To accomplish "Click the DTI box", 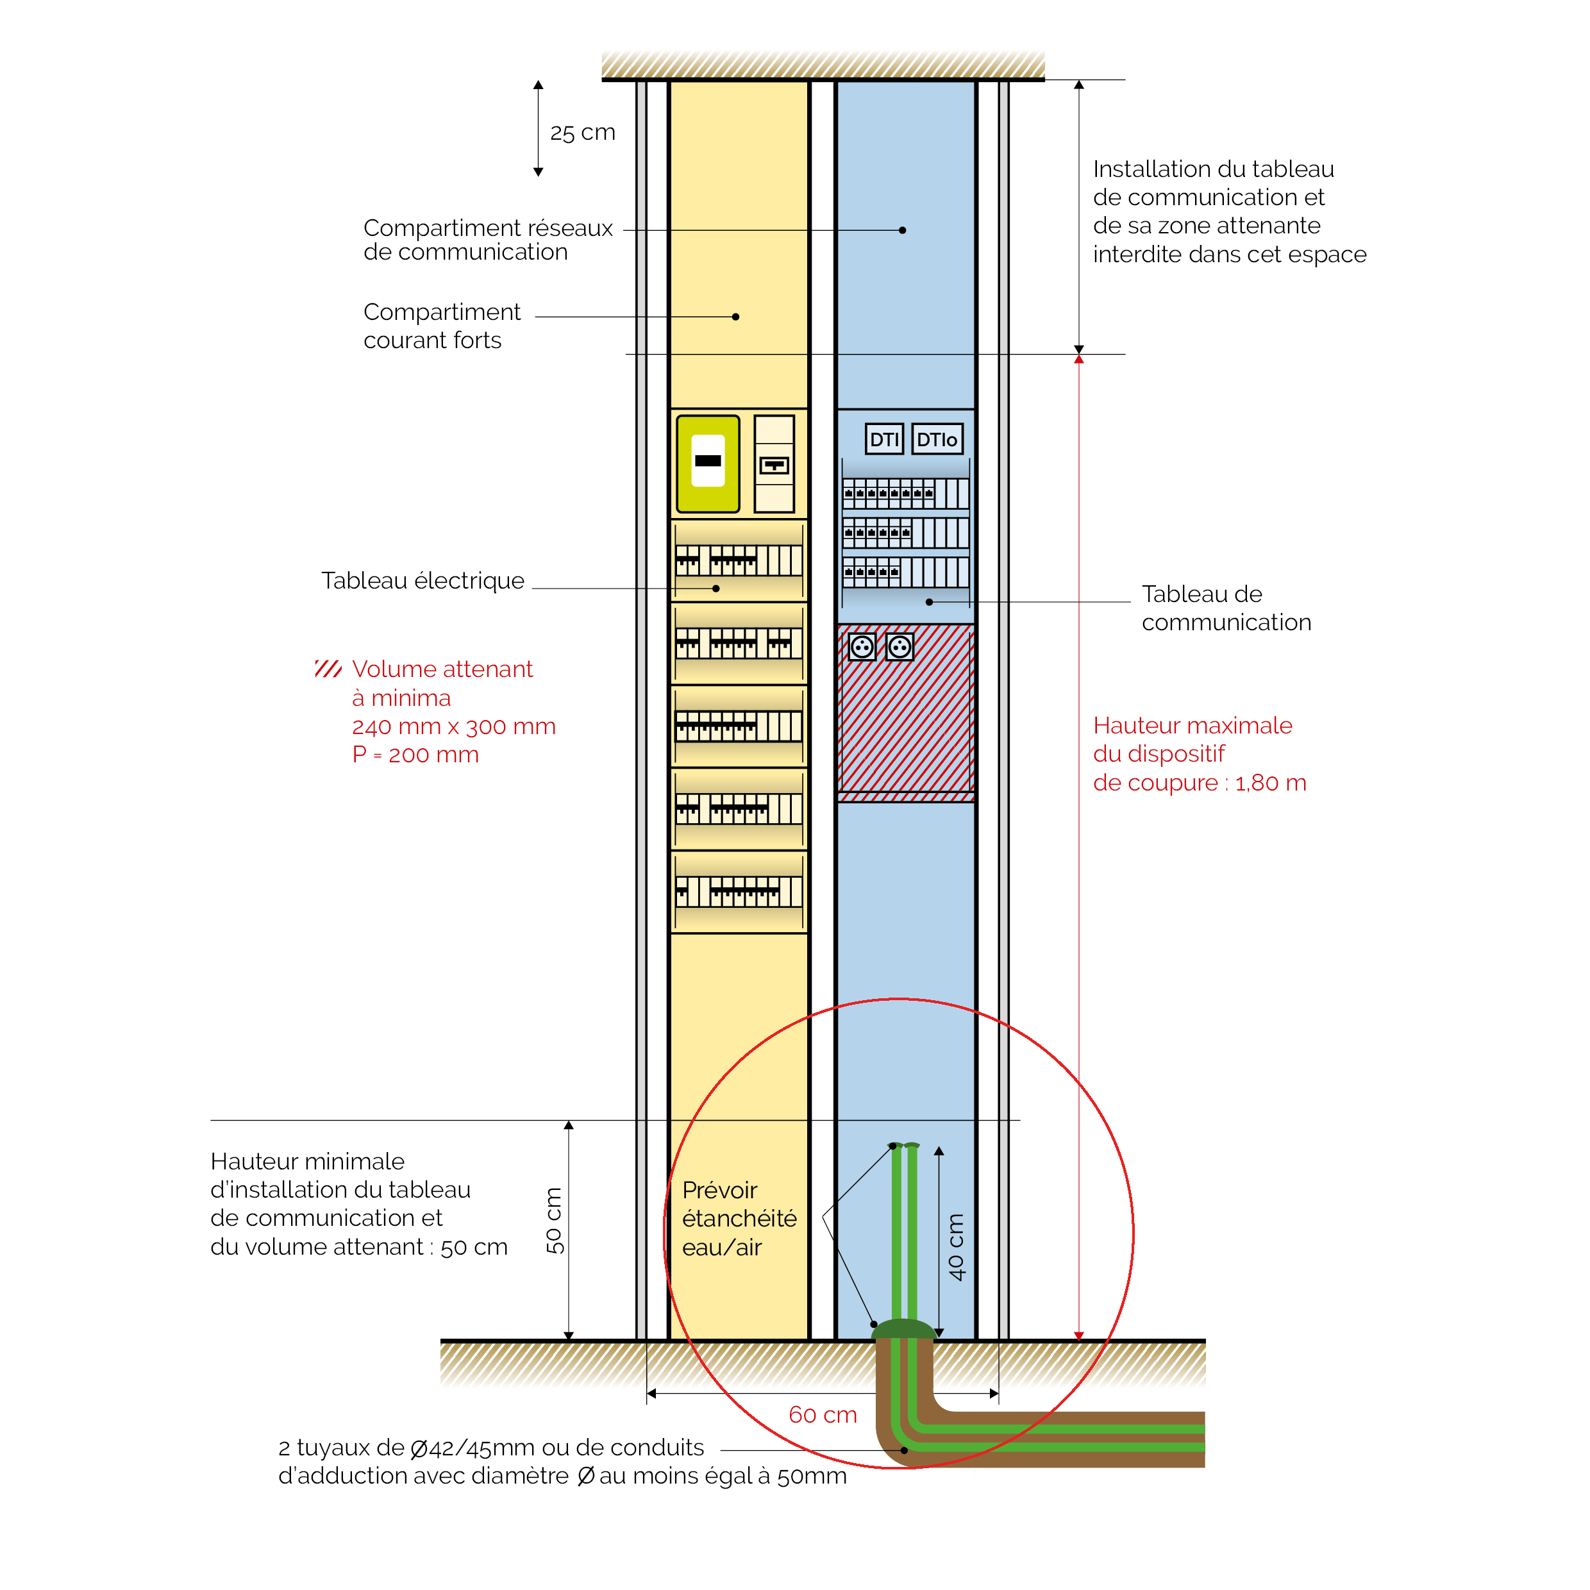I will pos(884,439).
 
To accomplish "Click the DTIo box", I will pos(937,439).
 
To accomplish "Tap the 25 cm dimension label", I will pos(582,133).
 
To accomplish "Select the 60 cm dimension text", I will pos(822,1415).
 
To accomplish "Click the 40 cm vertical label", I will pos(955,1247).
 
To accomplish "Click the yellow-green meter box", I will pos(708,464).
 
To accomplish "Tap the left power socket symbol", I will pos(862,647).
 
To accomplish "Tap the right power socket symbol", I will pos(900,647).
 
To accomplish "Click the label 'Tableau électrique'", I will pos(423,581).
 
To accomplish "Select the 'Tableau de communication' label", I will pos(1225,608).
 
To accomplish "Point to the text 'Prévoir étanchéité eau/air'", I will pos(738,1218).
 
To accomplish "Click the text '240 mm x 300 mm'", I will pos(453,726).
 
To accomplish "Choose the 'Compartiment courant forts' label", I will pos(441,326).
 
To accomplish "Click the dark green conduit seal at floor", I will pos(903,1329).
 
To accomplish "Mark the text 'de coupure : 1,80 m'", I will pos(1199,783).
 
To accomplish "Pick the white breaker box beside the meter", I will pos(774,464).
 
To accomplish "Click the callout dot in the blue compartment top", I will pos(902,230).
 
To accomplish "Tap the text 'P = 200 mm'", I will pos(415,755).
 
